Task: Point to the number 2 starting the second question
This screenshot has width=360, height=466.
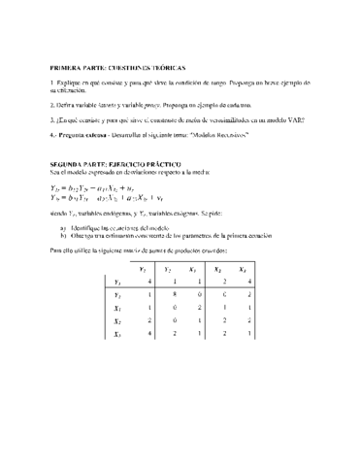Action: coord(52,103)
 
